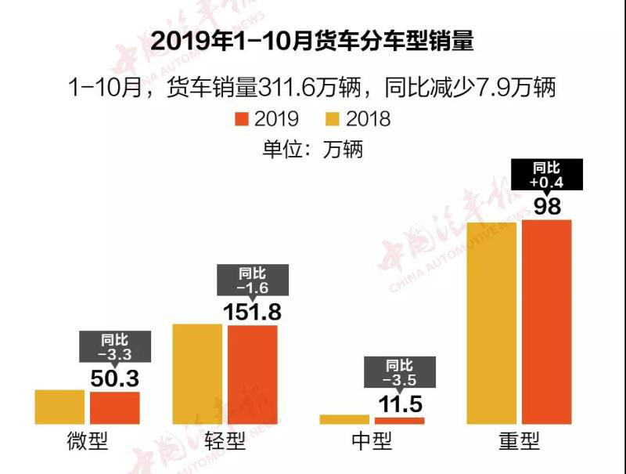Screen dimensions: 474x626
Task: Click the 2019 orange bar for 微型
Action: (114, 407)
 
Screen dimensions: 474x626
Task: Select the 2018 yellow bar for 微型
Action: (59, 407)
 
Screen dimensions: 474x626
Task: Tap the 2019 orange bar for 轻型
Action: (253, 374)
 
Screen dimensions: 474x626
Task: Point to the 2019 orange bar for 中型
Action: (399, 421)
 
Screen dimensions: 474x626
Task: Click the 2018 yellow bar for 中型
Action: (344, 419)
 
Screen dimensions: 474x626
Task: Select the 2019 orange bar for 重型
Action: (547, 322)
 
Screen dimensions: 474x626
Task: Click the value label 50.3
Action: (114, 379)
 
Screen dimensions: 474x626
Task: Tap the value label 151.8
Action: (253, 311)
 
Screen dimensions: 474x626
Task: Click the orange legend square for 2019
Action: (242, 119)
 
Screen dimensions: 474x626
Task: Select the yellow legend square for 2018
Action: (333, 119)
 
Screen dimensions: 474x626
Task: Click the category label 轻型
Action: (225, 442)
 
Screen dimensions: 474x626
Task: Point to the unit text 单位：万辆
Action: (312, 149)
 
